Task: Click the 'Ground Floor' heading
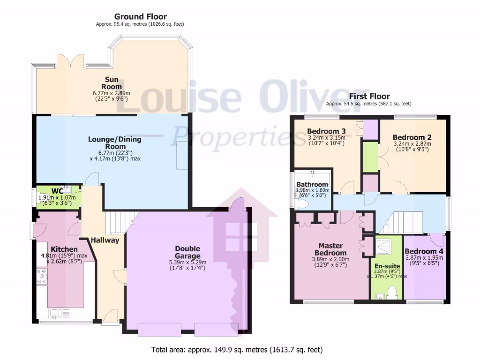pos(141,16)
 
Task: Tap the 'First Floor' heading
pos(369,97)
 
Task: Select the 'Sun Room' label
pos(112,83)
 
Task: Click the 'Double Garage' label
pos(187,252)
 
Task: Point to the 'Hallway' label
pos(105,240)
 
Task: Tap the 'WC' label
pos(57,191)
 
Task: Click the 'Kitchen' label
pos(64,249)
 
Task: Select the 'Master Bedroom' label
pos(330,249)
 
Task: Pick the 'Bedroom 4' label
pos(424,251)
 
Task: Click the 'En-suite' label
pos(387,266)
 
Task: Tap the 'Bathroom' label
pos(312,184)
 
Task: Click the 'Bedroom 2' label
pos(412,137)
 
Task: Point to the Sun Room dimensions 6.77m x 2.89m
pos(112,93)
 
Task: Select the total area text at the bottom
pos(237,350)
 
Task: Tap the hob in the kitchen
pos(42,276)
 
